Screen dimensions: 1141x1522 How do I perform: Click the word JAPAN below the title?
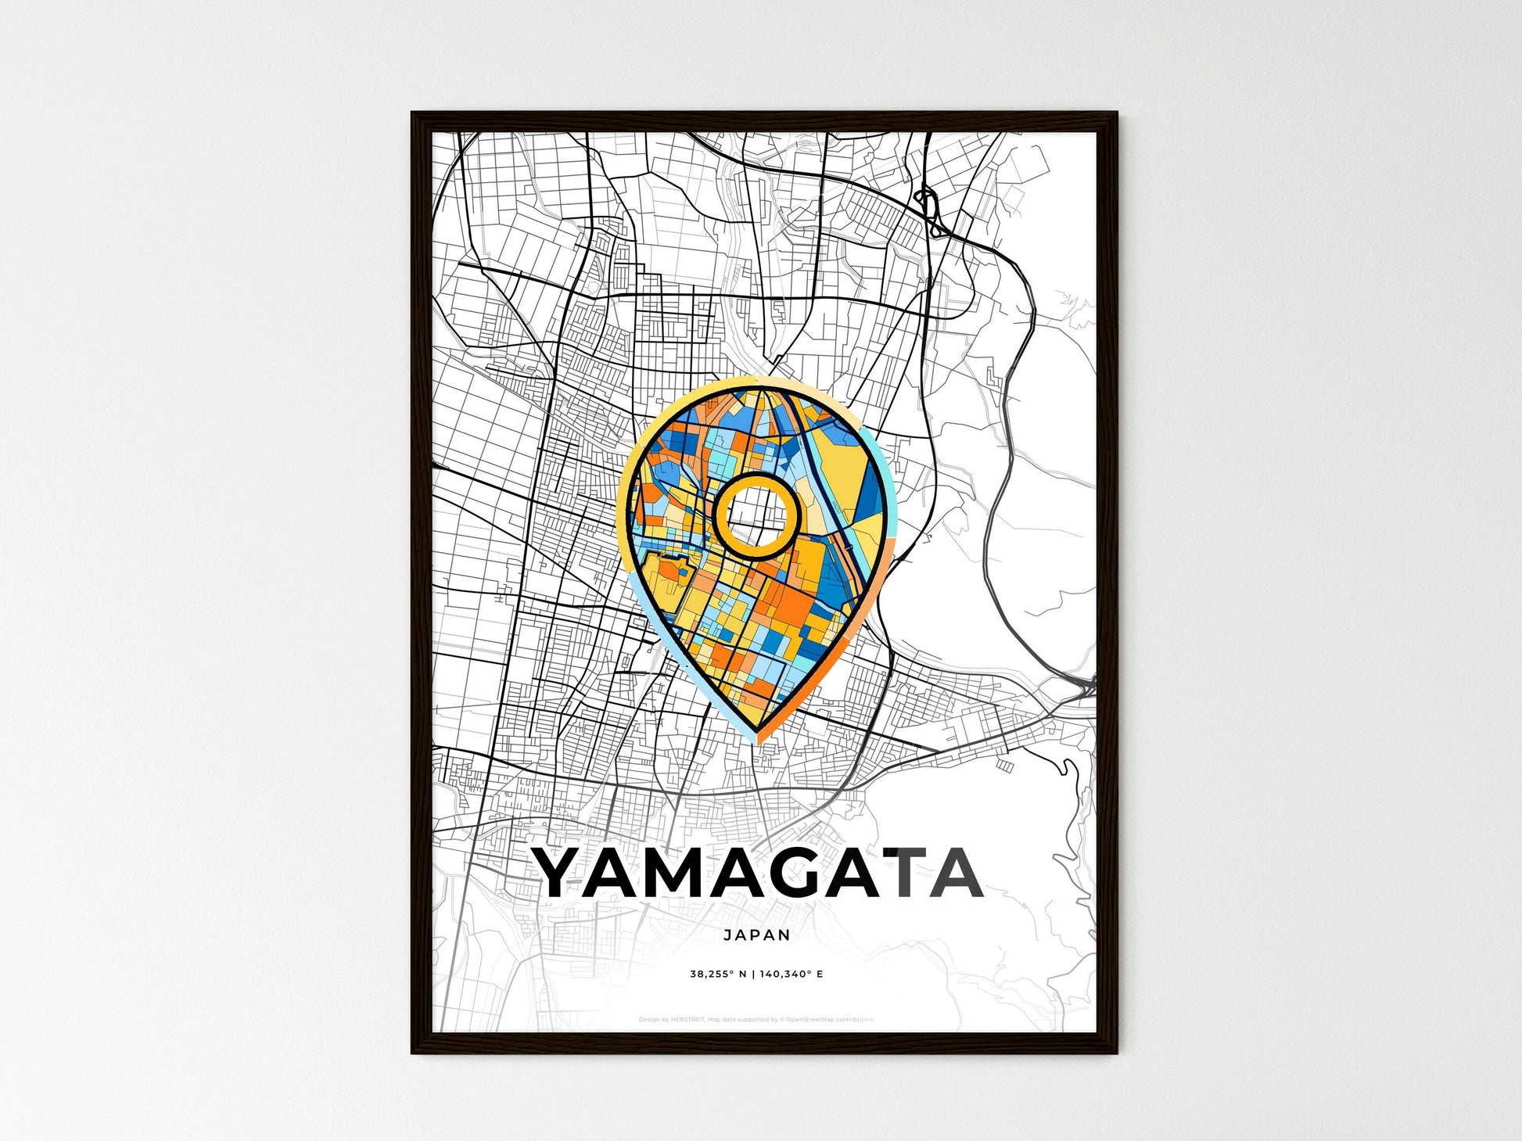coord(756,935)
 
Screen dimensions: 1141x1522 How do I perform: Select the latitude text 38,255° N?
coord(718,974)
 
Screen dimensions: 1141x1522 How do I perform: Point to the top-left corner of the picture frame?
coord(413,114)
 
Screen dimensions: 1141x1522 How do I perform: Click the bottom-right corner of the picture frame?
coord(1116,1052)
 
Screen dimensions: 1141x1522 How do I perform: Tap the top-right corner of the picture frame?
coord(1116,114)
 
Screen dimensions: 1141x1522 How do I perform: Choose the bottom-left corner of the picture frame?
coord(413,1052)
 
